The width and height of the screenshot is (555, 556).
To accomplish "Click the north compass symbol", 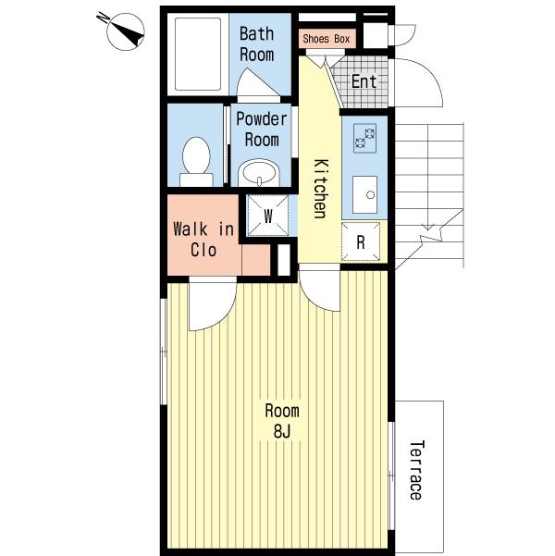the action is [125, 31].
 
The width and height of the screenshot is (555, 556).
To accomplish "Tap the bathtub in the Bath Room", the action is [198, 54].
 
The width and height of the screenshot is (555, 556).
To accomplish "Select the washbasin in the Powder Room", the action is [259, 173].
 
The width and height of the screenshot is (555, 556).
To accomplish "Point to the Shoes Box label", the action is [327, 39].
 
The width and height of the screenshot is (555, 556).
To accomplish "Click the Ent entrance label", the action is [364, 82].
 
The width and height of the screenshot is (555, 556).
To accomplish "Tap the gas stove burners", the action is [365, 138].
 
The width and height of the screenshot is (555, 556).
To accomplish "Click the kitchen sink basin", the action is [365, 194].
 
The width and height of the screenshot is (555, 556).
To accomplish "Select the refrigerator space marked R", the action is [361, 241].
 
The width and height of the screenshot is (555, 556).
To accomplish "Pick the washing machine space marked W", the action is [268, 216].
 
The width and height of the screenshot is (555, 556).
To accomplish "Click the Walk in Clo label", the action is [203, 240].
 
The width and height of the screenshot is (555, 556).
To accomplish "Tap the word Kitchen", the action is [322, 189].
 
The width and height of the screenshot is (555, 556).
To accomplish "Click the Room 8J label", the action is [282, 421].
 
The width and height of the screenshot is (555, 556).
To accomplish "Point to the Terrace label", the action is [416, 470].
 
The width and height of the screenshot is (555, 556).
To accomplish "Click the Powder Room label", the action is [262, 130].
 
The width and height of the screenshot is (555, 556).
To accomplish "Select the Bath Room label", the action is [257, 44].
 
